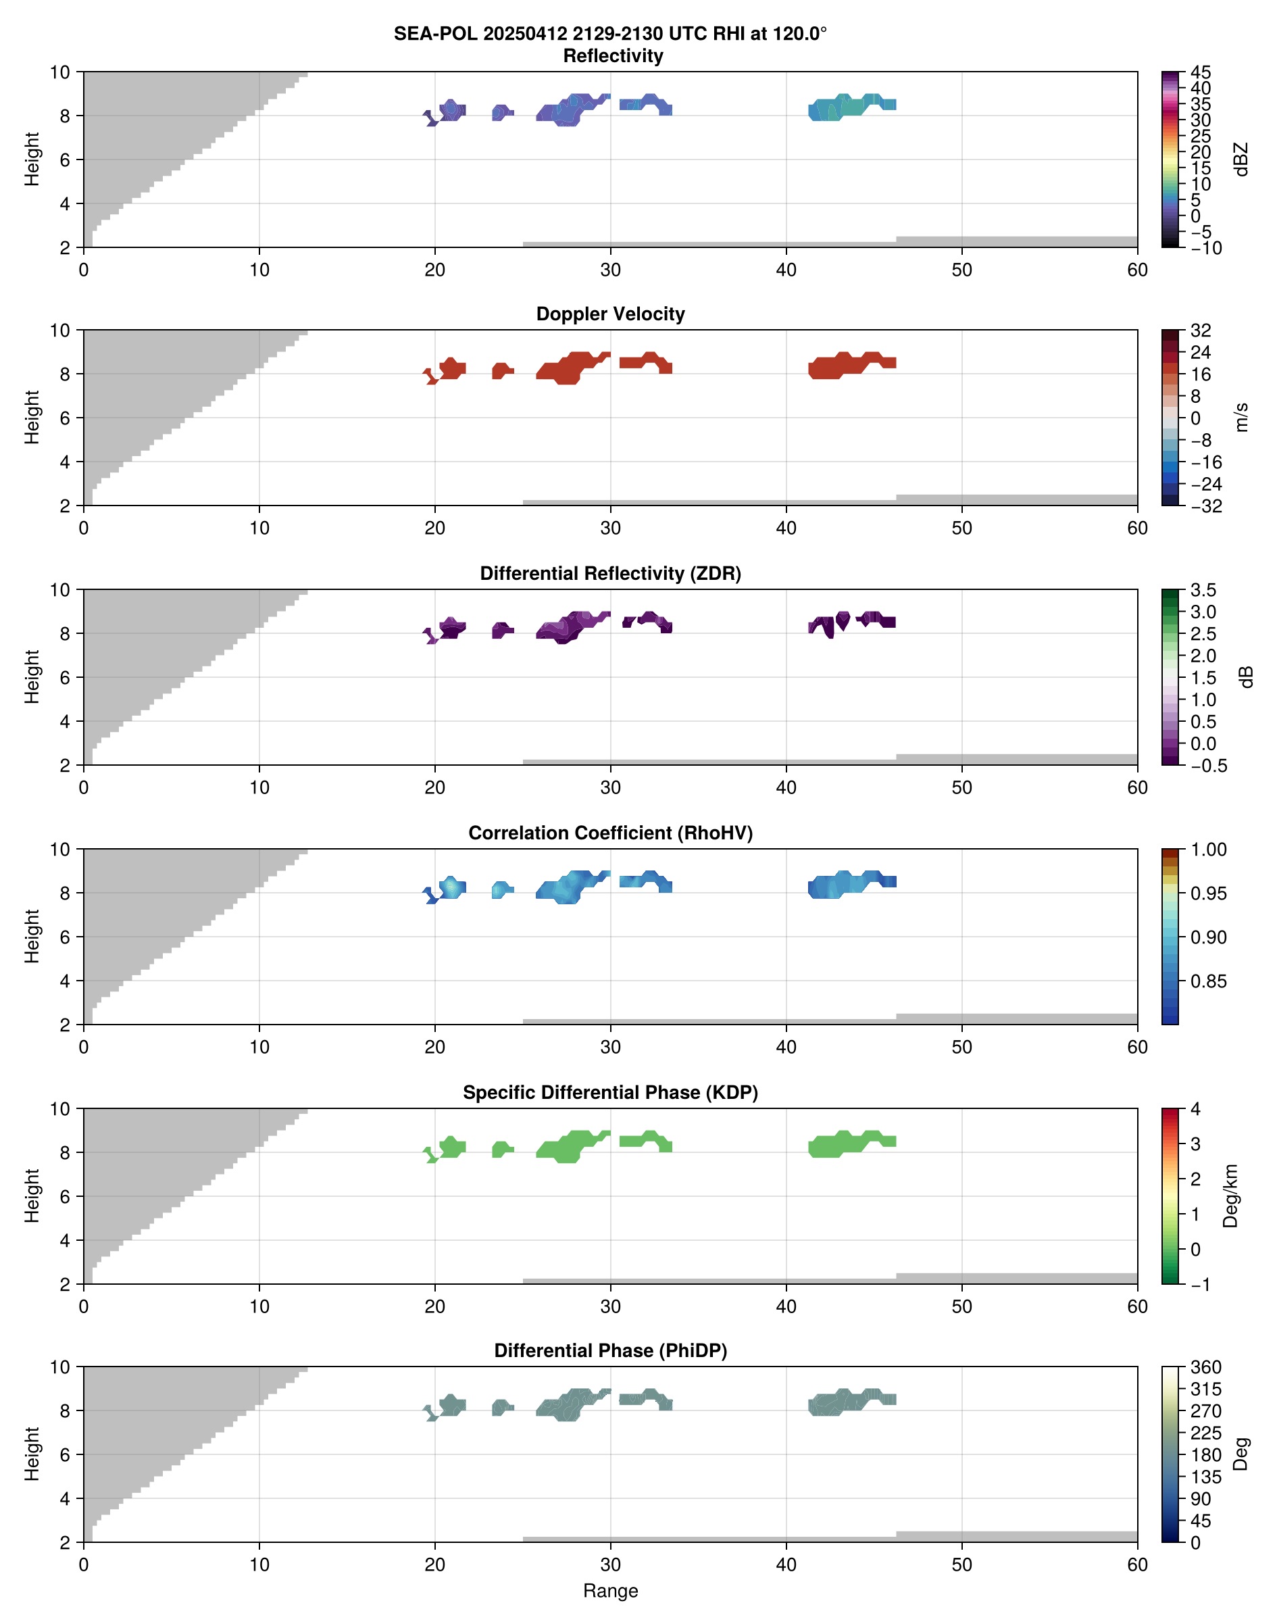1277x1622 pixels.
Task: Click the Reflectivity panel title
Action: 612,56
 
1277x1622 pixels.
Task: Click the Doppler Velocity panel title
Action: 610,314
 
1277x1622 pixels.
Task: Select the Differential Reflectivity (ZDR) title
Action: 610,574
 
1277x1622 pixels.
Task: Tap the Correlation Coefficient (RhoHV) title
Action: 610,833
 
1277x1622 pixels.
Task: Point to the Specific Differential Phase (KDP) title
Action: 610,1093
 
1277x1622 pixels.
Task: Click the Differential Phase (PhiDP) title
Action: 610,1350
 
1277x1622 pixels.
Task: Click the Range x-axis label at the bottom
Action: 610,1591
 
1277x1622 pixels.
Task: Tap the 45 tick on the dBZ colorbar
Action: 1201,72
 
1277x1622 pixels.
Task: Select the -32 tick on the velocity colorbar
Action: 1205,506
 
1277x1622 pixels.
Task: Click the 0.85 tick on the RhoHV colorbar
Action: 1207,981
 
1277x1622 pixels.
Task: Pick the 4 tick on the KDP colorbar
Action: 1195,1109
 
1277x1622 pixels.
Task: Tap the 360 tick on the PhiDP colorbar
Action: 1205,1367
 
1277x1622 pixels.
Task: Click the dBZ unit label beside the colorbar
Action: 1242,159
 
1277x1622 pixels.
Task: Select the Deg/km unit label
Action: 1230,1196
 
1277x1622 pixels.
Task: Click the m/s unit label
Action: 1242,417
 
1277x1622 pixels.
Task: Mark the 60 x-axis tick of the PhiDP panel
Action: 1137,1565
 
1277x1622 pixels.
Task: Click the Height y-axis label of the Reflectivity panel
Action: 31,159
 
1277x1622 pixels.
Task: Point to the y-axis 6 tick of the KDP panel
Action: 65,1196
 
